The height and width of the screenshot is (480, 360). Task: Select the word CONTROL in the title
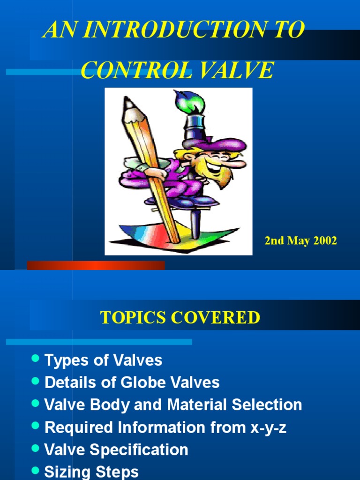(136, 70)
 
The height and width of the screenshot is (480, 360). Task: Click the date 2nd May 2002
(300, 241)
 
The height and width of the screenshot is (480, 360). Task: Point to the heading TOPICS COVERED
(180, 317)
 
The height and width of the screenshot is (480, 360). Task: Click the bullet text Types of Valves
(103, 360)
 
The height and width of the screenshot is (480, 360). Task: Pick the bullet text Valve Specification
(116, 450)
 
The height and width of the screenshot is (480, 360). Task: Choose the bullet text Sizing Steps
(91, 472)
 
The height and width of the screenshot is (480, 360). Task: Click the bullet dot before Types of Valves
(35, 359)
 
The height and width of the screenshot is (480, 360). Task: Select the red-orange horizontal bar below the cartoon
(96, 265)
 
